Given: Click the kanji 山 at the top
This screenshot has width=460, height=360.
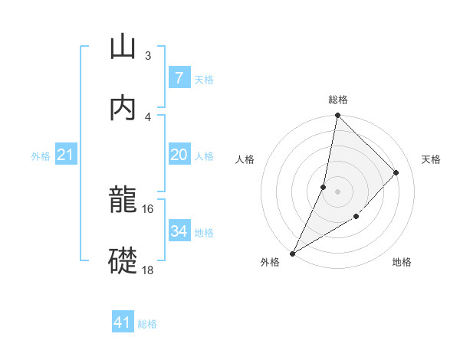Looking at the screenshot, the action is (x=123, y=47).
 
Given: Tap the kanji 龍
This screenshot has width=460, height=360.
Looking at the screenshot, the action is (x=123, y=201).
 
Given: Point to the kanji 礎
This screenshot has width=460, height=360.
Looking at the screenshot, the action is (x=123, y=260).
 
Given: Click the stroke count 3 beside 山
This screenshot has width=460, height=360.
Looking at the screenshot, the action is (x=147, y=56).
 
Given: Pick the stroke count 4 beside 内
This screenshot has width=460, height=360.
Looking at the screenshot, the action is (x=147, y=116).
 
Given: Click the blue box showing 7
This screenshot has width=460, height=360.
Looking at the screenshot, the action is (x=179, y=78).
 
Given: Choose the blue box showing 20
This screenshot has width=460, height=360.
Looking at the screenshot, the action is (x=179, y=155).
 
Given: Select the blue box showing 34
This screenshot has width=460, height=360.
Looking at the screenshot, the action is (x=179, y=231).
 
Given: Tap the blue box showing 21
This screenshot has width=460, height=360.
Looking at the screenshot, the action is (x=66, y=155).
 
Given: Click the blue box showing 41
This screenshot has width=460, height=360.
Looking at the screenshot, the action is (x=123, y=322).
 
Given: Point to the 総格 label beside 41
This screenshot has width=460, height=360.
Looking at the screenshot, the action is (x=147, y=324).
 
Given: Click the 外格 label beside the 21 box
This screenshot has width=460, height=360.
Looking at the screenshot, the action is (x=41, y=156).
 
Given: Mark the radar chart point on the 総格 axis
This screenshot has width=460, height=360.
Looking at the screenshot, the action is (x=337, y=116).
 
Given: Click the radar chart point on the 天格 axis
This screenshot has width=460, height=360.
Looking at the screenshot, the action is (x=396, y=172).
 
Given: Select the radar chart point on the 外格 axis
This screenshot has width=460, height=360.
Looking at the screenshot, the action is (x=292, y=253).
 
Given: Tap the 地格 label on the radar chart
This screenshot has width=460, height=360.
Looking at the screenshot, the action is (x=402, y=263).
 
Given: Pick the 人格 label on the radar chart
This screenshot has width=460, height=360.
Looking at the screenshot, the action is (x=245, y=159).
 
